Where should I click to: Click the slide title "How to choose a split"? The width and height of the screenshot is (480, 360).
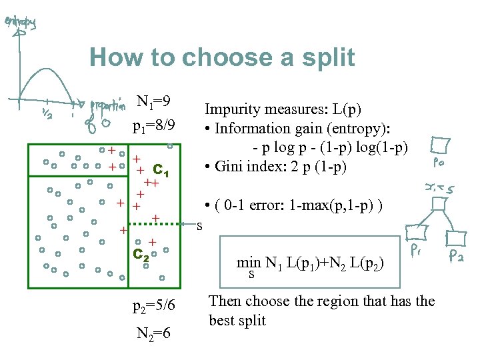pyautogui.click(x=222, y=57)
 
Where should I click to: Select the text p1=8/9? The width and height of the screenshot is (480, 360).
pyautogui.click(x=154, y=125)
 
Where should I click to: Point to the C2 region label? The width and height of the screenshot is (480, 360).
pyautogui.click(x=140, y=254)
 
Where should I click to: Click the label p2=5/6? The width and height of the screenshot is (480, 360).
pyautogui.click(x=154, y=305)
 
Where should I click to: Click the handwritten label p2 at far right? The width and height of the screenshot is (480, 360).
pyautogui.click(x=457, y=254)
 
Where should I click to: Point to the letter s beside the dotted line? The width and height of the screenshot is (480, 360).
pyautogui.click(x=199, y=225)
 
